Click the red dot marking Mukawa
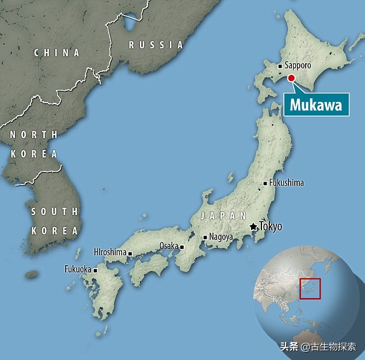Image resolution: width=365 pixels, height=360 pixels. point(291,78)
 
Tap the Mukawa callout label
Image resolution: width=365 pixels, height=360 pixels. point(315,105)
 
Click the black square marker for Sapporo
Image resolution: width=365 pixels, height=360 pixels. point(280,66)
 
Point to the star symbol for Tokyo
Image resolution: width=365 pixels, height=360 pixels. point(253,227)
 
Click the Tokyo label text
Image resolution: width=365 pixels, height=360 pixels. point(271,227)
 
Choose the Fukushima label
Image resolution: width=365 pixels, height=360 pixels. point(286,183)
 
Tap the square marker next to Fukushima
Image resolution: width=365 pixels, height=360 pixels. point(265,183)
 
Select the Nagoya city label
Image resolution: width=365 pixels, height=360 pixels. point(221,237)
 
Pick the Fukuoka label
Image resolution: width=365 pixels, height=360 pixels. point(77,269)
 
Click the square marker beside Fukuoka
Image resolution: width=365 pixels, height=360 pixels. point(96,270)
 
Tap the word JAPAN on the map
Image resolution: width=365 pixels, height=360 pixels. point(219,216)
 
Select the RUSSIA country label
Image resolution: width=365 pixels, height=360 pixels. point(155,45)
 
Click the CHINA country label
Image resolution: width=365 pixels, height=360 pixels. point(56,53)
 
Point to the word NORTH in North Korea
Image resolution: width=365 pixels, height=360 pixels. point(33,135)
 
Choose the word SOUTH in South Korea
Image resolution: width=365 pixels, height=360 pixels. point(54,212)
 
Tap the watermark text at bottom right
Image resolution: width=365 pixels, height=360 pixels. point(318,347)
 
